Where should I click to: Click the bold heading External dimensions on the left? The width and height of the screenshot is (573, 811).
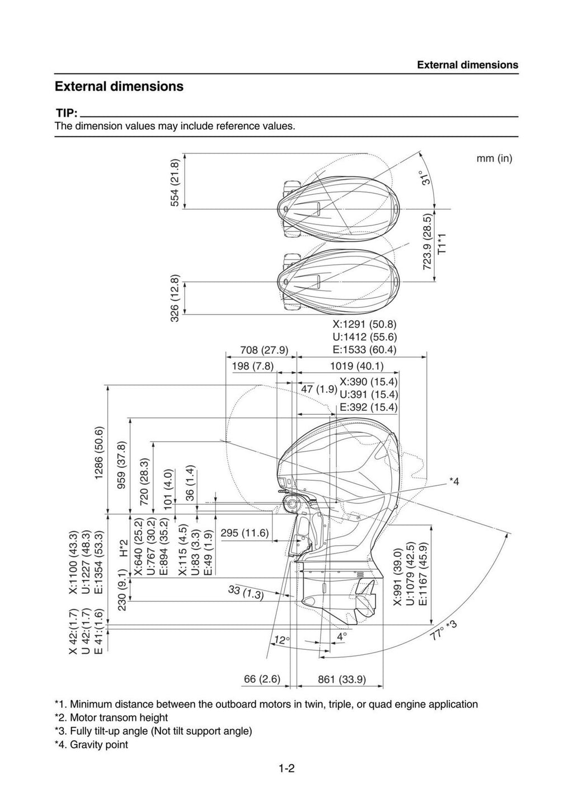tap(119, 87)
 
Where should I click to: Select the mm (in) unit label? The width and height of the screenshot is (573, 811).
tap(494, 158)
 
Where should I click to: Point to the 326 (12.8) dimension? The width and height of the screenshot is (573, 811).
tap(175, 298)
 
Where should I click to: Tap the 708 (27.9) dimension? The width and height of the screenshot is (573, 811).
tap(264, 350)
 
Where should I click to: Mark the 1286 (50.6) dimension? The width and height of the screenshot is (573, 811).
tap(99, 453)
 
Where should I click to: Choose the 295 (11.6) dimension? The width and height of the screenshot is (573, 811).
tap(245, 533)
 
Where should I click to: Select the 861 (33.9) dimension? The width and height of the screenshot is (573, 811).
tap(341, 679)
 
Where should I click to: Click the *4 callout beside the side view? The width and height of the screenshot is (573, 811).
tap(454, 481)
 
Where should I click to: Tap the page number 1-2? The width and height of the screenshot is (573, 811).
tap(286, 768)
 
